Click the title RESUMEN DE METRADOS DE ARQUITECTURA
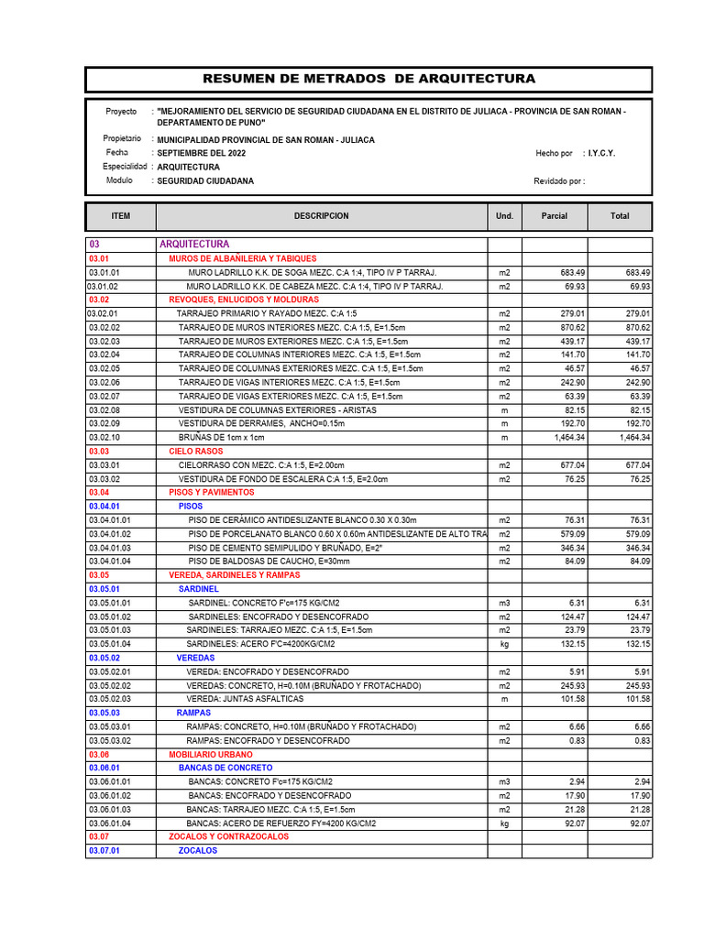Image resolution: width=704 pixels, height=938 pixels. pos(368,79)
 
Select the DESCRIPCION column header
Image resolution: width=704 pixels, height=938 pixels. pos(321,216)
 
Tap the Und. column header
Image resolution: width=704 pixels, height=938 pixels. pos(504,216)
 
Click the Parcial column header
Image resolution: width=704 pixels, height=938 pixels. pos(555,216)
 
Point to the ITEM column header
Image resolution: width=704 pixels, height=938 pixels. pos(121,216)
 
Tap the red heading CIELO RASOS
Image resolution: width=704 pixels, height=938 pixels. pos(196,452)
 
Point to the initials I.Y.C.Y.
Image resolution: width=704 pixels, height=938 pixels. pos(601,153)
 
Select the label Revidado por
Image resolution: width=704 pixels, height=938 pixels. pos(558,181)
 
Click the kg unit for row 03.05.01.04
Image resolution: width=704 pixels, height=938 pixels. pos(504,644)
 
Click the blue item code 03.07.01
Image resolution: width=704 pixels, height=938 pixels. pos(104,850)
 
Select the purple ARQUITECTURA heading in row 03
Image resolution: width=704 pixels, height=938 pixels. pos(194,245)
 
